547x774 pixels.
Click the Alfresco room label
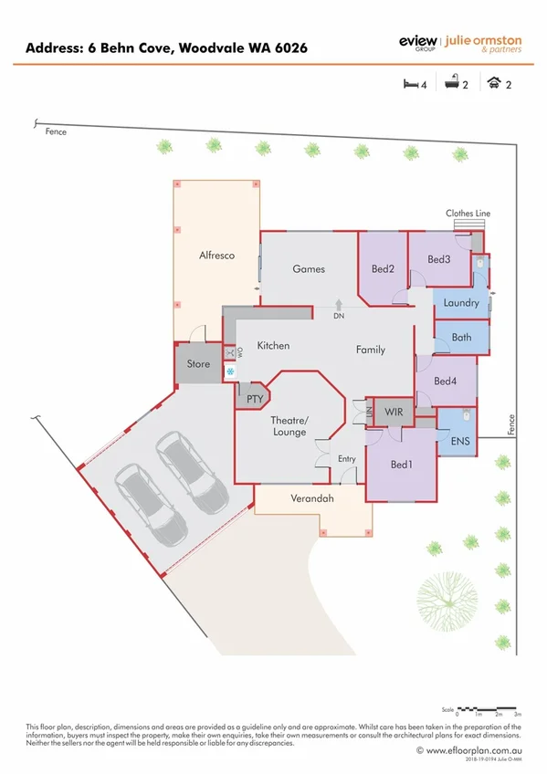coord(216,256)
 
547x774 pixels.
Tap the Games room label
coord(309,269)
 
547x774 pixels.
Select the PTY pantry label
coord(254,398)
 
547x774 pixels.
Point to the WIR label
coord(394,413)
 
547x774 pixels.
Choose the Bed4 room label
coord(445,381)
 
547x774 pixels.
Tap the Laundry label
coord(461,303)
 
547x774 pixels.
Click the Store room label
coord(198,364)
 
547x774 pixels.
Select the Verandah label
coord(311,499)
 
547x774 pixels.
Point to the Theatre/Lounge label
coord(289,425)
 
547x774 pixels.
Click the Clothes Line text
coord(468,214)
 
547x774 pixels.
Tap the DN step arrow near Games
coord(339,306)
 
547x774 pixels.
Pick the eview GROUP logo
coord(417,43)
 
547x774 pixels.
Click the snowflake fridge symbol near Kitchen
coord(230,371)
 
